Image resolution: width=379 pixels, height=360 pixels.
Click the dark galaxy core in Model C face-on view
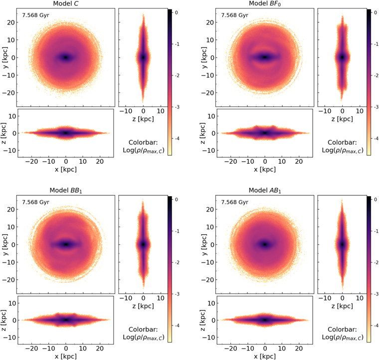pos(65,57)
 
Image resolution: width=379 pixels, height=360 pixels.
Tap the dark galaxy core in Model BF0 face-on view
pos(265,57)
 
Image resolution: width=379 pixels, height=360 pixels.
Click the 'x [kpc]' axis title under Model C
pos(66,169)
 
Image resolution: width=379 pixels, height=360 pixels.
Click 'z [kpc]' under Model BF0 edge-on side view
pos(342,119)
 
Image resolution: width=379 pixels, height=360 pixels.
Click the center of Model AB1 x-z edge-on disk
pos(265,320)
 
